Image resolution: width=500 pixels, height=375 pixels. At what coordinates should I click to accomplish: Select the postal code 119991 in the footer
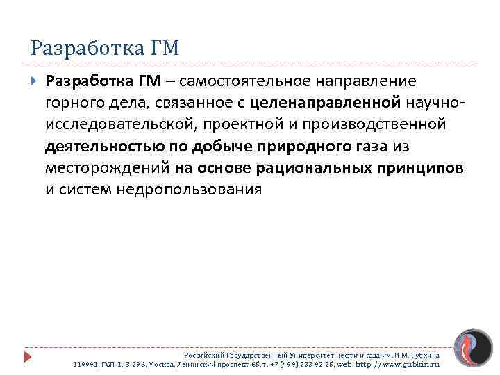[x=85, y=363]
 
